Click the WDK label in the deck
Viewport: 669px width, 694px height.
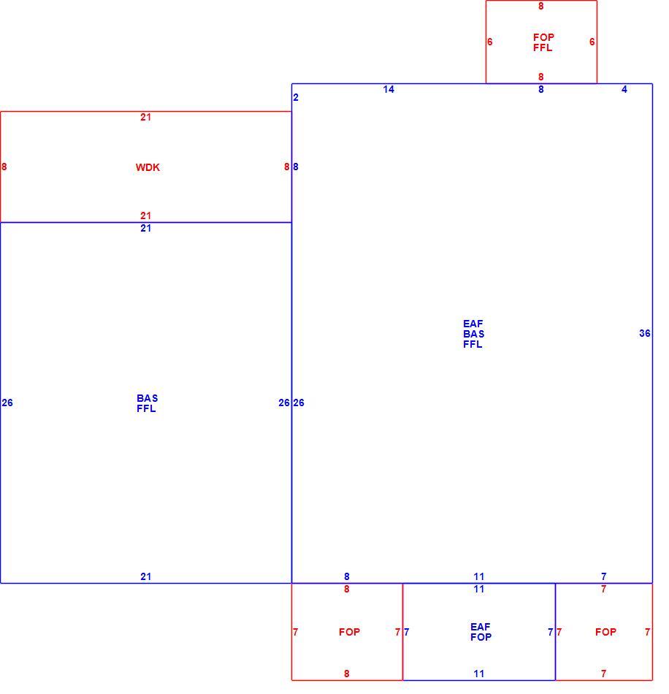pos(148,167)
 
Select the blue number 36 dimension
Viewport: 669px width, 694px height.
pos(645,333)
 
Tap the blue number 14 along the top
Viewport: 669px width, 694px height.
pos(389,89)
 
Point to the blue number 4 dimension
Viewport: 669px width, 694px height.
pos(624,89)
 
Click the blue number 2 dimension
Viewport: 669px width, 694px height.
pos(296,97)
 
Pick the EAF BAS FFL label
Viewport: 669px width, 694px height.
pos(473,334)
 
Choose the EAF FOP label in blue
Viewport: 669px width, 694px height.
pos(481,632)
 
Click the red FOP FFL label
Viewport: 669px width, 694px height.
pos(543,42)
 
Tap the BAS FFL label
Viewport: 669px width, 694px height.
pos(147,403)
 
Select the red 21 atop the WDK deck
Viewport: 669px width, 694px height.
pos(145,118)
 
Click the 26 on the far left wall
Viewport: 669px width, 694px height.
pos(7,403)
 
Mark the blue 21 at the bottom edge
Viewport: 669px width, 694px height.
pos(145,576)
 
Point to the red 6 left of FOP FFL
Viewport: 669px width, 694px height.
pos(490,42)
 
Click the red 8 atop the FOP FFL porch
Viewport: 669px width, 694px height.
pos(540,6)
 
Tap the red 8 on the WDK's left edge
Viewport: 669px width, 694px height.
pos(4,167)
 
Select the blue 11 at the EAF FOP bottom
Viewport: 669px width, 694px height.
pos(478,674)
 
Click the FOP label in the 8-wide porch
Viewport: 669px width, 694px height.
pos(349,632)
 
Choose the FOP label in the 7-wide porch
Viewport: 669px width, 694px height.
pos(605,632)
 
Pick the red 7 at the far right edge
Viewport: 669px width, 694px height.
pos(647,632)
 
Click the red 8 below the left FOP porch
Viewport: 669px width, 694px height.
pos(346,674)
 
